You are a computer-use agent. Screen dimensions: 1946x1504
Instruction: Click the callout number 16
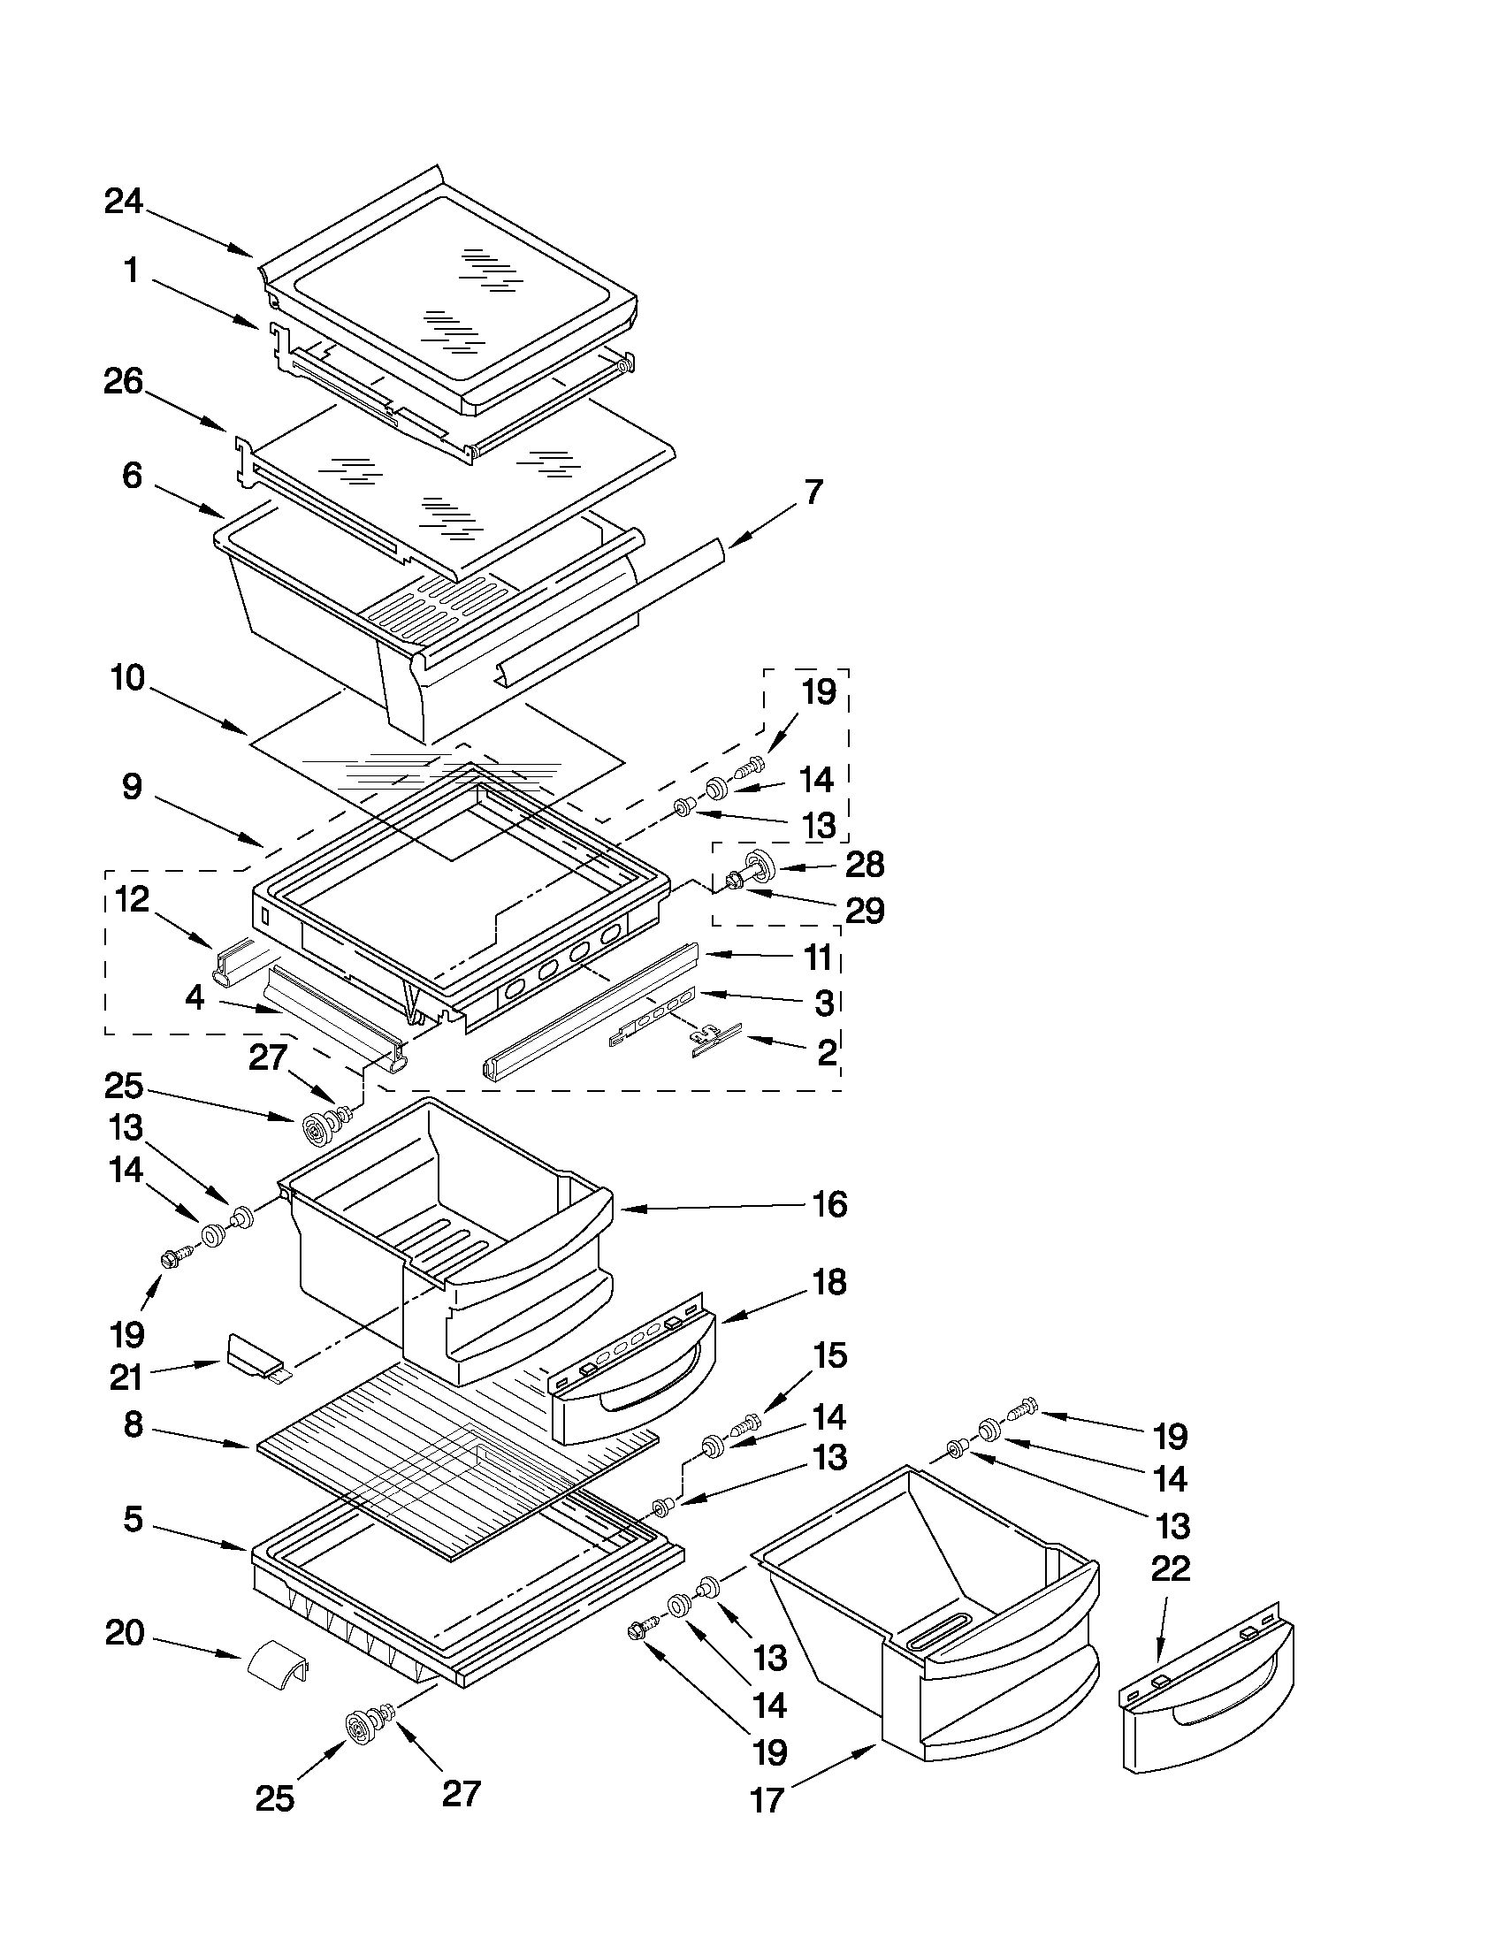829,1205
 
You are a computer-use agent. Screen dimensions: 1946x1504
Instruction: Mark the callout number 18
829,1282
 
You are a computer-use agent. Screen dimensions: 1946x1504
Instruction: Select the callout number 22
1170,1568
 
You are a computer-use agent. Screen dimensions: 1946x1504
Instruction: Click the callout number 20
125,1633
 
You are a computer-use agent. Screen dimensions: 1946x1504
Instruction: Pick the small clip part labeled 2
715,1039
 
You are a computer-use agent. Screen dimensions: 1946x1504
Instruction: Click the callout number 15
828,1355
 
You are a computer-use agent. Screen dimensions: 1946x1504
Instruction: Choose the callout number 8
133,1424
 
